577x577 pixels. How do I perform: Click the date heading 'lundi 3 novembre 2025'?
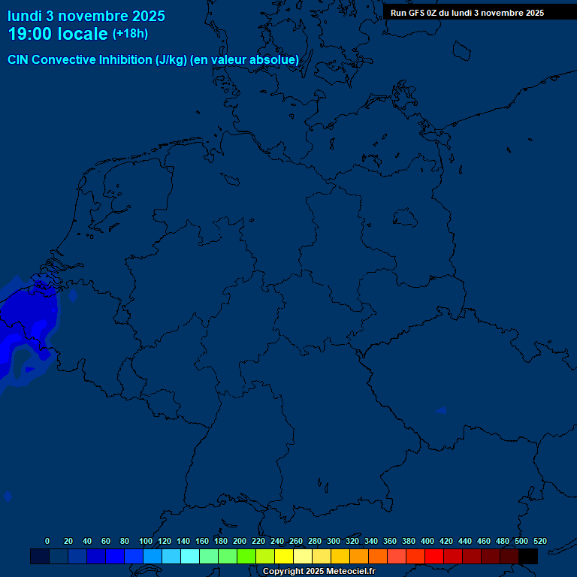(x=86, y=16)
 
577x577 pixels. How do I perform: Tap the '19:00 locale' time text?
(x=58, y=34)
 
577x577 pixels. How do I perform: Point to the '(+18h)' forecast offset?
(x=130, y=34)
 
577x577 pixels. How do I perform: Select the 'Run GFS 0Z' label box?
(x=467, y=13)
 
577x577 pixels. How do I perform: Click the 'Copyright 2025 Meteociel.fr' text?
(x=319, y=571)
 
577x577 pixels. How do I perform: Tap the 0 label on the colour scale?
(x=47, y=541)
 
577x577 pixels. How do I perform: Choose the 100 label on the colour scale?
(x=146, y=541)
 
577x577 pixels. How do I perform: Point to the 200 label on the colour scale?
(x=240, y=541)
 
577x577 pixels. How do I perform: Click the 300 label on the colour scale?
(x=334, y=541)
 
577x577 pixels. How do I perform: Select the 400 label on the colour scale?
(x=427, y=541)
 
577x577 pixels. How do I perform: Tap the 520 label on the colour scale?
(x=539, y=541)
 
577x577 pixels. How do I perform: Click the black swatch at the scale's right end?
(x=528, y=557)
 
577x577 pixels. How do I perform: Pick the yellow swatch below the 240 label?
(x=283, y=557)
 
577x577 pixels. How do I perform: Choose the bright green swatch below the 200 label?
(x=246, y=557)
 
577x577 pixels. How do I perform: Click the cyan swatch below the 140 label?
(x=189, y=557)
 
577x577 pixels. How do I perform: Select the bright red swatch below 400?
(x=434, y=557)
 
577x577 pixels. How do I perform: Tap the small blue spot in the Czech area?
(x=440, y=411)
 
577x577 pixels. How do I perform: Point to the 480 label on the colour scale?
(x=503, y=541)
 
